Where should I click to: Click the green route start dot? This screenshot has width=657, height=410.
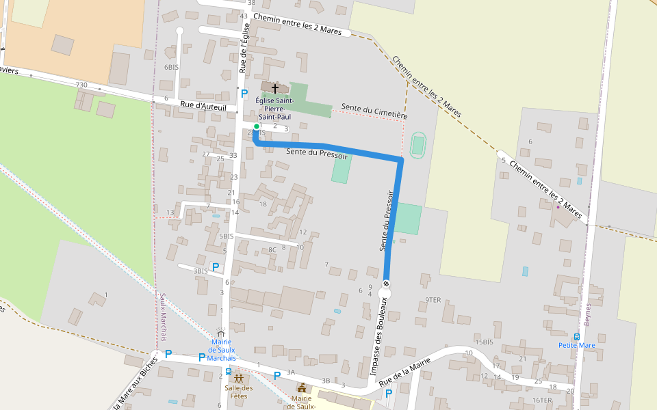tap(257, 126)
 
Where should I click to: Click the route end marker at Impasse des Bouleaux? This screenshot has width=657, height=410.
tap(386, 284)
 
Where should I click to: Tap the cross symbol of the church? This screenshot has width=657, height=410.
tap(275, 88)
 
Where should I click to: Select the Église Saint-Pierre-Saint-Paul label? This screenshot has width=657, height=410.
tap(274, 109)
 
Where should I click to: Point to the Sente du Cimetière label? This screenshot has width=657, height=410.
tap(374, 112)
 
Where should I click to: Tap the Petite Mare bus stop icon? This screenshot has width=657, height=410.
tap(577, 336)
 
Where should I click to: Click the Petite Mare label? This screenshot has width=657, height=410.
tap(576, 345)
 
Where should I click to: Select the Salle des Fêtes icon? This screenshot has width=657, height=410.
tap(238, 378)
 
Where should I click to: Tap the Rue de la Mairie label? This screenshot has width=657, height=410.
tap(404, 370)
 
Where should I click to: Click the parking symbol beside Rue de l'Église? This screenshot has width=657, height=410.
tap(244, 93)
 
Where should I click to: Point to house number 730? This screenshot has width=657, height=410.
tap(81, 85)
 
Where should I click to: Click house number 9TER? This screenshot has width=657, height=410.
tap(433, 299)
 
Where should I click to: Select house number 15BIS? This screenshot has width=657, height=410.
tap(484, 342)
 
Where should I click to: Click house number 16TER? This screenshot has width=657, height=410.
tap(541, 400)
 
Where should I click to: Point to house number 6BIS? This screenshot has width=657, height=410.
tap(171, 68)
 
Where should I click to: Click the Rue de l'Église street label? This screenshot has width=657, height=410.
tap(244, 49)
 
